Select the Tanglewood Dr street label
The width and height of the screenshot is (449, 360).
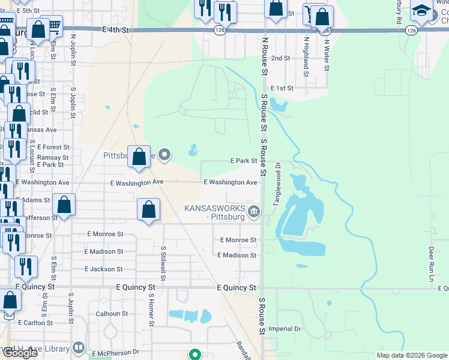point(277,184)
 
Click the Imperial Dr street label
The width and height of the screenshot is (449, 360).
point(285,329)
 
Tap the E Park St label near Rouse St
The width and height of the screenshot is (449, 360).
point(244,161)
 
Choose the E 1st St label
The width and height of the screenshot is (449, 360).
point(282,88)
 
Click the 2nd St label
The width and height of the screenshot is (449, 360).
point(281,58)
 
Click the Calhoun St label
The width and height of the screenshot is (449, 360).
point(112,313)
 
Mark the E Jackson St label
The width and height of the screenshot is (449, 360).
point(104,269)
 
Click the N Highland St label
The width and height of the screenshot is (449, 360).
point(306,58)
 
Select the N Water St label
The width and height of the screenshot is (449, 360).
point(327,54)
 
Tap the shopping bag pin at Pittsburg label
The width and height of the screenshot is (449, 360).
point(139,157)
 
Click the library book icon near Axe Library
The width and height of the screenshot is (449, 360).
point(79,348)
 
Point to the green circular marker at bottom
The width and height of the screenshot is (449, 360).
point(194,354)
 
